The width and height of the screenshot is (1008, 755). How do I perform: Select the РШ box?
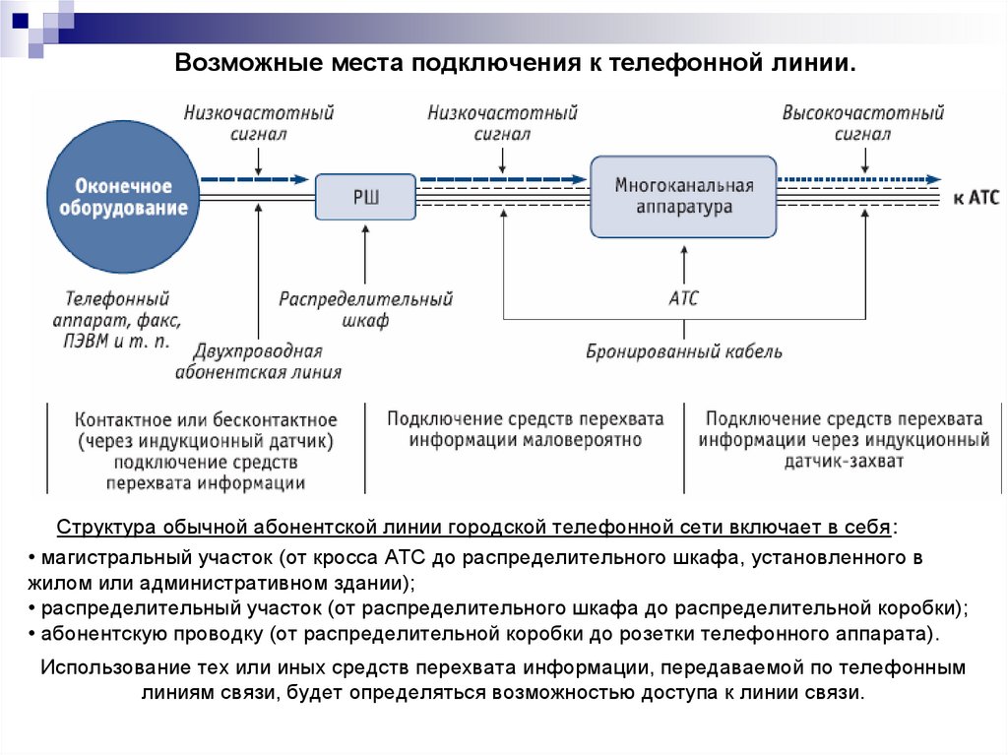point(366,197)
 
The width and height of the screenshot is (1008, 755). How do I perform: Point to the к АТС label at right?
point(976,198)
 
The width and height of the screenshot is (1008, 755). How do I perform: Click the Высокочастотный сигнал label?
point(862,123)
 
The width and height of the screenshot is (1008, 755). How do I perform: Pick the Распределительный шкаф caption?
point(365,309)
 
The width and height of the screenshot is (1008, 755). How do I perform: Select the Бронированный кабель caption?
point(684,351)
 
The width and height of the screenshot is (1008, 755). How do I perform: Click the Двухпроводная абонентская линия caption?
point(258,361)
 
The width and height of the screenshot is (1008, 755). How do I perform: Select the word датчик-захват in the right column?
point(844,461)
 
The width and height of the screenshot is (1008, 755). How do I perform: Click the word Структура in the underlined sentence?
point(99,526)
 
